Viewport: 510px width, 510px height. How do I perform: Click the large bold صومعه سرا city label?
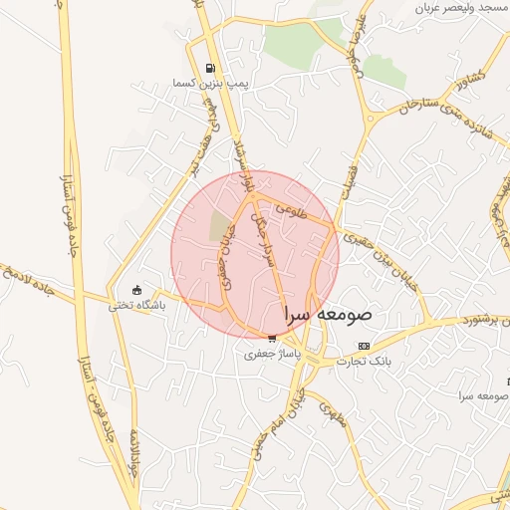328,314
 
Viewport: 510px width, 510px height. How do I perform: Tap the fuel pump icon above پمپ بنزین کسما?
209,68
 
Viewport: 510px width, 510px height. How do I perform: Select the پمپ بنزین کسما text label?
207,82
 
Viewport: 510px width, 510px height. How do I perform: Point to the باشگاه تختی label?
137,305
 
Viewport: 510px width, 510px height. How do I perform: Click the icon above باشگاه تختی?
137,291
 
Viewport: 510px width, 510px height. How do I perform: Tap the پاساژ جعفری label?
272,353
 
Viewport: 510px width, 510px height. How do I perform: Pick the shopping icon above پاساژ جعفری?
272,339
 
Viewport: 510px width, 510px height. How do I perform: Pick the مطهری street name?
333,413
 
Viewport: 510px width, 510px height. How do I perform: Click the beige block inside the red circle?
217,227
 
